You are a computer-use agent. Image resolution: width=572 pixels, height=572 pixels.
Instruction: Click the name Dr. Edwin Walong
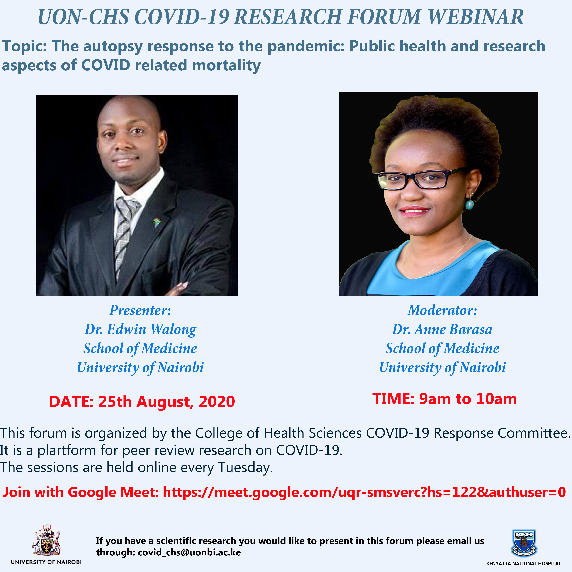pos(140,329)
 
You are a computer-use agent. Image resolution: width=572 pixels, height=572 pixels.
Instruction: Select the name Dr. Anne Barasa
pos(442,329)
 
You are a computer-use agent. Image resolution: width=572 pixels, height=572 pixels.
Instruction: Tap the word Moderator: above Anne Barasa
pos(442,310)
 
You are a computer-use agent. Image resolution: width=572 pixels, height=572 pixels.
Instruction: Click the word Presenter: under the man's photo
pos(140,310)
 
